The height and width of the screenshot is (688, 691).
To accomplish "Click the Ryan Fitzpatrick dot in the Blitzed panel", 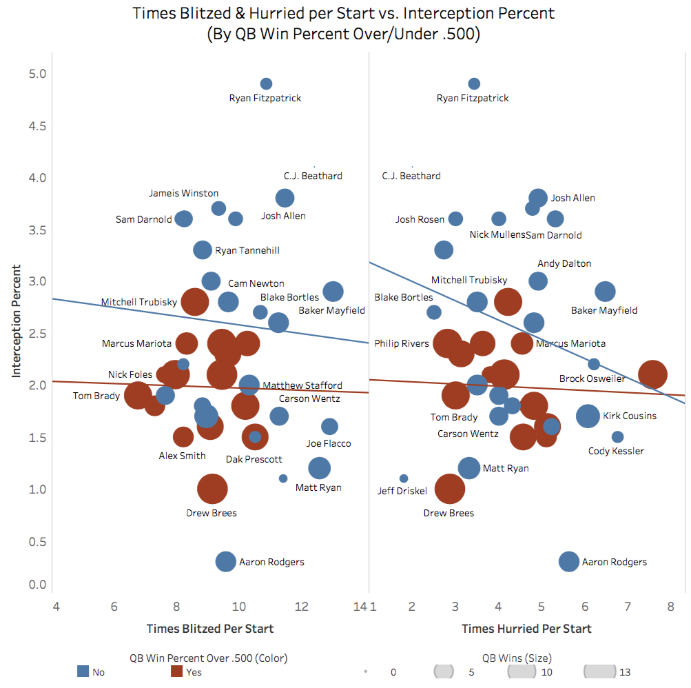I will pos(266,83).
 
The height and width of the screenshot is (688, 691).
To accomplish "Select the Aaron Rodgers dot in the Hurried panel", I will pos(568,561).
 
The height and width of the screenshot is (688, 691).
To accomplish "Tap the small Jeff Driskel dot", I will pos(404,478).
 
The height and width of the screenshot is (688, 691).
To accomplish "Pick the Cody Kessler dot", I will pos(617,436).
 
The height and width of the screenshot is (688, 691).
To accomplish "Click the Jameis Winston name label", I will pos(184,193).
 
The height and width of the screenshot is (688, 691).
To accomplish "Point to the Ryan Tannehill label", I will pos(247,250).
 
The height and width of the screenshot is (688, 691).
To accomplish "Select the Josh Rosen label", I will pos(420,219).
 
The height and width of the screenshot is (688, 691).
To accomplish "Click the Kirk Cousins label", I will pos(630,416).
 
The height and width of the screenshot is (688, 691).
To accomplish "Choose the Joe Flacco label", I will pos(329,443).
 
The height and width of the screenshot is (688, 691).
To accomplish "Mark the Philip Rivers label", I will pos(402,343).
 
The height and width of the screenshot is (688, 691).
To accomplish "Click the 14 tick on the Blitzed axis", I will pos(359,607).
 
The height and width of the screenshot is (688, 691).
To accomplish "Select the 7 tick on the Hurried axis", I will pos(628,607).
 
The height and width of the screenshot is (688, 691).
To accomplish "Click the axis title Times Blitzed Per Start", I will pos(210,629).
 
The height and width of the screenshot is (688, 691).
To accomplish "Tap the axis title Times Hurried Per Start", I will pos(526,629).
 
